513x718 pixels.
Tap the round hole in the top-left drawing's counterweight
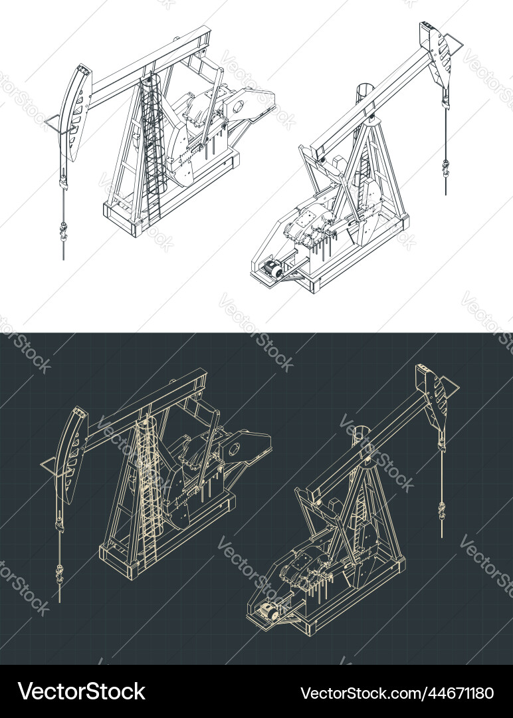click(241, 107)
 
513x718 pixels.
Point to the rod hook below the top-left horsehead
click(63, 231)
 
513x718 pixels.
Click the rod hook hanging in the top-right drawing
click(445, 168)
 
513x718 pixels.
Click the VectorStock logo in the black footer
click(82, 691)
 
